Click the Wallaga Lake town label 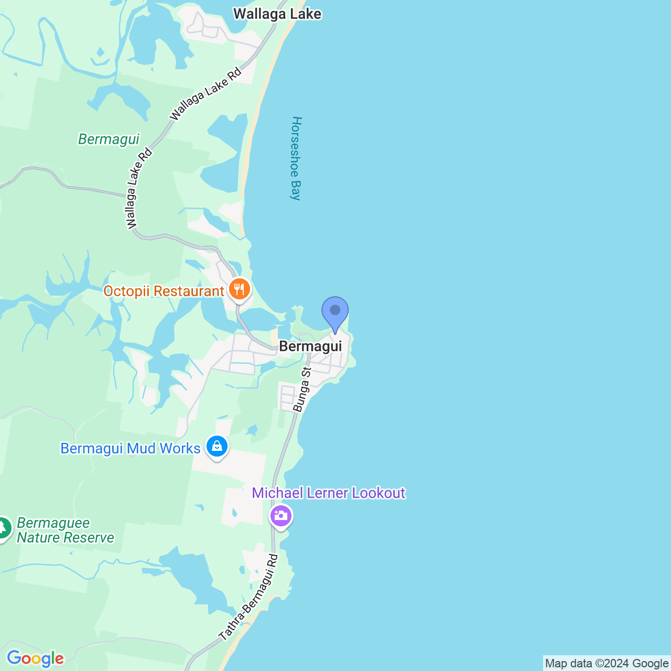(277, 14)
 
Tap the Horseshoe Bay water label (297, 158)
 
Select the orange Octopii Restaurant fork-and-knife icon (240, 289)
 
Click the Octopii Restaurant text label (164, 291)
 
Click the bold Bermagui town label (310, 346)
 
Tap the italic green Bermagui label (109, 139)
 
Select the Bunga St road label (302, 389)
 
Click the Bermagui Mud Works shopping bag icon (217, 447)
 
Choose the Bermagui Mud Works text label (131, 449)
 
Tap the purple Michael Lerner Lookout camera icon (281, 516)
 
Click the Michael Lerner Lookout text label (329, 493)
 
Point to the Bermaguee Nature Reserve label (65, 530)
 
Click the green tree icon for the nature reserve (3, 528)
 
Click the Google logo (35, 658)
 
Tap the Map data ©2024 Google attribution (607, 664)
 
